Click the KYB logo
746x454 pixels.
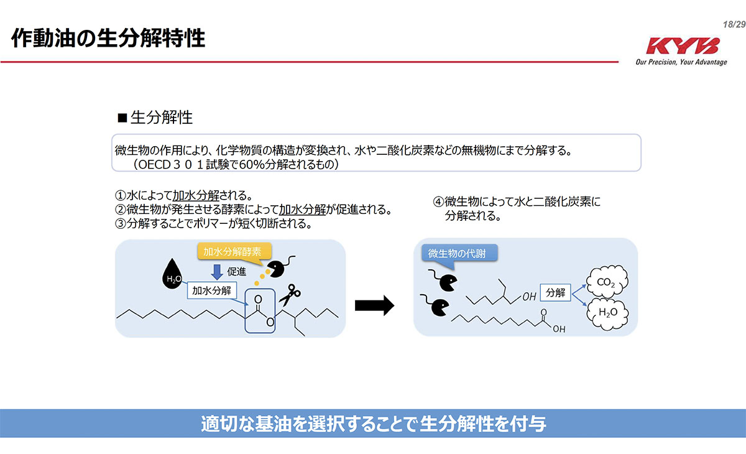(682, 47)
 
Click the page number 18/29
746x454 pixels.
(734, 24)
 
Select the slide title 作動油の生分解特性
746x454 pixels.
(108, 38)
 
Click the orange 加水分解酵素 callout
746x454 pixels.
(229, 251)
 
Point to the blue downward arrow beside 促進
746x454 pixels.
(217, 272)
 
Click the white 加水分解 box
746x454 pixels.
(211, 290)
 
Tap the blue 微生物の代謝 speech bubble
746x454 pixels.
(461, 254)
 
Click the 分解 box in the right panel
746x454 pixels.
(556, 292)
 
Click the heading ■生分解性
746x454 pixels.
(155, 118)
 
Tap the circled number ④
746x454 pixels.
(438, 202)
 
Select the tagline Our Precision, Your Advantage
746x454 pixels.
(681, 62)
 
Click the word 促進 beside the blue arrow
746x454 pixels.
(237, 271)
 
